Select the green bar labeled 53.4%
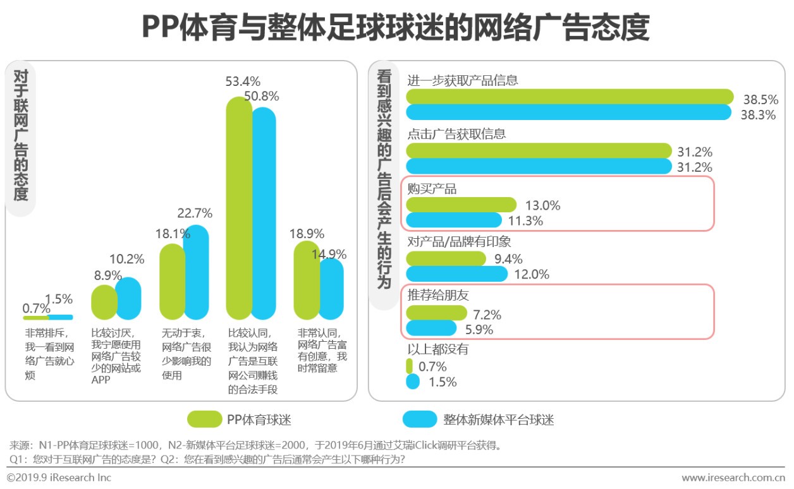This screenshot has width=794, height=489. pyautogui.click(x=239, y=208)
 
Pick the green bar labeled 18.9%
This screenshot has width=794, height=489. pyautogui.click(x=307, y=281)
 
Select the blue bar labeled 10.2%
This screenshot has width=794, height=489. pyautogui.click(x=128, y=298)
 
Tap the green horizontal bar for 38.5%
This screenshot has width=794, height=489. pyautogui.click(x=569, y=97)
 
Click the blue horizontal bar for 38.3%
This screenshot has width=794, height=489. pyautogui.click(x=569, y=112)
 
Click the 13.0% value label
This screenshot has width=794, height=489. pyautogui.click(x=542, y=205)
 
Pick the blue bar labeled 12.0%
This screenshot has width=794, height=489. pyautogui.click(x=456, y=274)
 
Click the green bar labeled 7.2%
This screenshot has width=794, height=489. pyautogui.click(x=436, y=313)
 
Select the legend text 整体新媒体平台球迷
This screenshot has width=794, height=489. pyautogui.click(x=498, y=420)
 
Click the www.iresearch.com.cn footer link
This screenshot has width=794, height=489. pyautogui.click(x=733, y=478)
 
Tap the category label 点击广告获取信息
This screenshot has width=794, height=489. pyautogui.click(x=456, y=134)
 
